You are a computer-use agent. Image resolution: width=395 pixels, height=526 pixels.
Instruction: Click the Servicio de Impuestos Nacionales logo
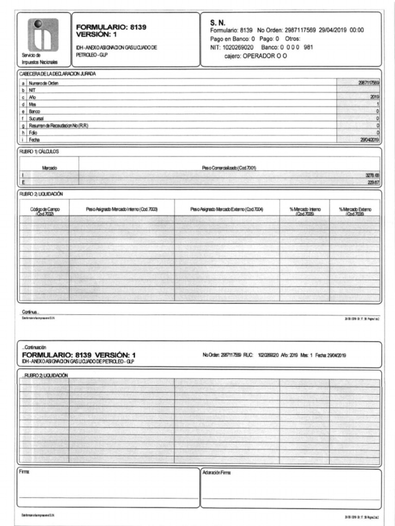tap(43, 34)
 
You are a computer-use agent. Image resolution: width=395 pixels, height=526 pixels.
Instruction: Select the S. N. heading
tap(218, 22)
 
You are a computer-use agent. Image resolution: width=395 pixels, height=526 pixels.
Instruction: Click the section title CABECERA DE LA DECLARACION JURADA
tap(58, 74)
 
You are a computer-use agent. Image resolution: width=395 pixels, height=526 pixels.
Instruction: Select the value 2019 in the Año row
tap(374, 97)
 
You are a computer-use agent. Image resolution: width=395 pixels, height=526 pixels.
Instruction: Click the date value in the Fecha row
tap(369, 139)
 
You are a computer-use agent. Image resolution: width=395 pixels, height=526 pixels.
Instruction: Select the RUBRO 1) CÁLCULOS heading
tap(39, 152)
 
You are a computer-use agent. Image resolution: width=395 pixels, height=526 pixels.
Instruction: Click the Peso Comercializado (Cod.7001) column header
tap(229, 168)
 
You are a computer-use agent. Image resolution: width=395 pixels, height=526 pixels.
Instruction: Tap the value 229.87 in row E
tap(372, 182)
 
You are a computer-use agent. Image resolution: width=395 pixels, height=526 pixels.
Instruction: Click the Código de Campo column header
tap(44, 211)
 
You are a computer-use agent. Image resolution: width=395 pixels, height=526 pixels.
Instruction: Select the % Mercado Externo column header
tap(355, 211)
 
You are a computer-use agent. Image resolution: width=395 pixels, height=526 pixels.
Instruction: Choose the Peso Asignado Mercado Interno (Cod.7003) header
tap(121, 209)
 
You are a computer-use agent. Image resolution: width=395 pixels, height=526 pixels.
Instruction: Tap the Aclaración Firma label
tap(217, 472)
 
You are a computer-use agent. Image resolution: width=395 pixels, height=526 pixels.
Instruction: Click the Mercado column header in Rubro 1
tap(49, 168)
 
